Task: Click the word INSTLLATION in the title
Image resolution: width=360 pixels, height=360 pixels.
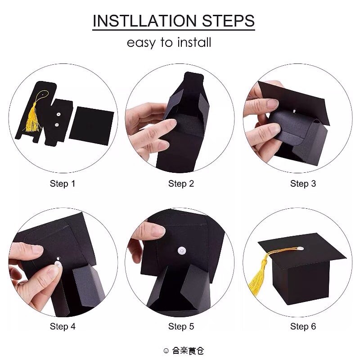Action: [x=144, y=21]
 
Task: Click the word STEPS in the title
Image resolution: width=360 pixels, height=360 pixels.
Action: [x=229, y=21]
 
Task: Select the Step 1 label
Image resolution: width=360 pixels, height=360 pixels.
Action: [x=63, y=184]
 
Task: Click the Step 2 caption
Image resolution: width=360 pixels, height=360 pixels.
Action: [x=181, y=184]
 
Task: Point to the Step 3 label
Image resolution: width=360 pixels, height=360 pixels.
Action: [x=303, y=184]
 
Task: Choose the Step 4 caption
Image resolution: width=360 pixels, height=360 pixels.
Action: [x=63, y=327]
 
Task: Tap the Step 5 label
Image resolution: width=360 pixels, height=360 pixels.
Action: [x=181, y=327]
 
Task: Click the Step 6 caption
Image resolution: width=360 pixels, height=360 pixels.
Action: [x=303, y=327]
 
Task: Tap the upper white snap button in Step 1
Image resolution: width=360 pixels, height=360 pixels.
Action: [x=58, y=114]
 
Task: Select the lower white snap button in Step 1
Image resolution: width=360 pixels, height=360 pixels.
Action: [x=57, y=125]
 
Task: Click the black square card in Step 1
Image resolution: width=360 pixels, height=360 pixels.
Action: [x=92, y=126]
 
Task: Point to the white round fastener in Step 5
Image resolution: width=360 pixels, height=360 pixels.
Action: [x=182, y=251]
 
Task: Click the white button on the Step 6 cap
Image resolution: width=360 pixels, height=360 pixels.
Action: [x=300, y=248]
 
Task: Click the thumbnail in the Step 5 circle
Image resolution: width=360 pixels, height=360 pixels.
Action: [x=157, y=231]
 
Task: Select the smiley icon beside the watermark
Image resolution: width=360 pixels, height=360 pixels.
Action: [x=166, y=351]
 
